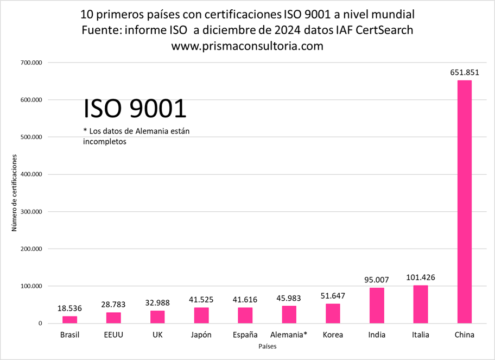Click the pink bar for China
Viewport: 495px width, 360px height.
point(464,202)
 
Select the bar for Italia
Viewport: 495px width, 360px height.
point(421,305)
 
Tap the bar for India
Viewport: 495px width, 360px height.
point(377,306)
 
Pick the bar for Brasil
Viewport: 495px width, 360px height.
point(69,320)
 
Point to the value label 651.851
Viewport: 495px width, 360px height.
point(464,72)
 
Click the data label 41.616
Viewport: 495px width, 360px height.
point(245,299)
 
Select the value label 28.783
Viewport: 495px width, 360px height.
point(113,304)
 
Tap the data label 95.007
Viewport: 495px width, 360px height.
point(377,280)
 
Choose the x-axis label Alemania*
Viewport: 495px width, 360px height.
point(289,334)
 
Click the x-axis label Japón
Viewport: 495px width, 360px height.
point(201,334)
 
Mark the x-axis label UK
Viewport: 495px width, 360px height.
point(157,334)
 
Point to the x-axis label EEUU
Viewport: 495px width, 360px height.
point(113,334)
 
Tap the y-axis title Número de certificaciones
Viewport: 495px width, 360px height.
point(15,193)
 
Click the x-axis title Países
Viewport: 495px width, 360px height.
point(266,346)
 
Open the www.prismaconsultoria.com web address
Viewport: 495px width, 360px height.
point(247,46)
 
